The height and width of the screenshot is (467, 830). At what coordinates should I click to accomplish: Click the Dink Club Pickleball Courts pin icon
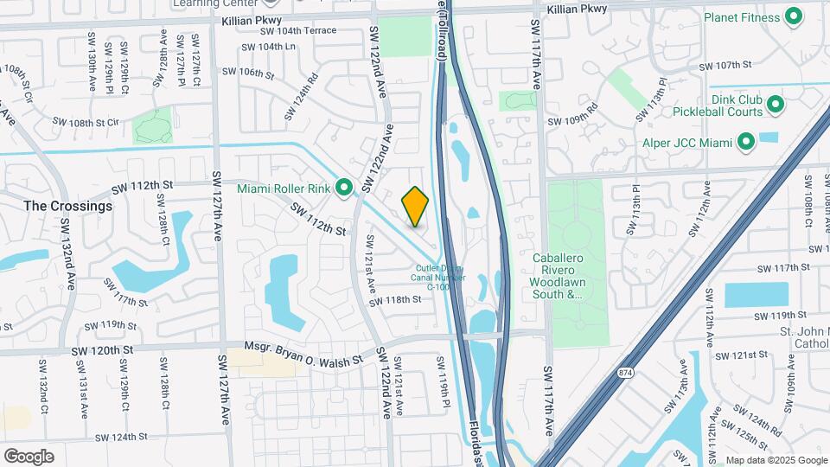click(776, 105)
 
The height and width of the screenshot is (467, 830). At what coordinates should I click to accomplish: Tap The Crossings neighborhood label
click(68, 207)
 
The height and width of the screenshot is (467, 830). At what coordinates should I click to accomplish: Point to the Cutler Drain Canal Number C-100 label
click(441, 278)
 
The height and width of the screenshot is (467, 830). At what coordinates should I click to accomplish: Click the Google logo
click(29, 456)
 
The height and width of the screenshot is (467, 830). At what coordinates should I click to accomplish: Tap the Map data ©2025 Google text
click(776, 460)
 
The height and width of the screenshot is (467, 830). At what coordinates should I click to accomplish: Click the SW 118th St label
click(394, 300)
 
